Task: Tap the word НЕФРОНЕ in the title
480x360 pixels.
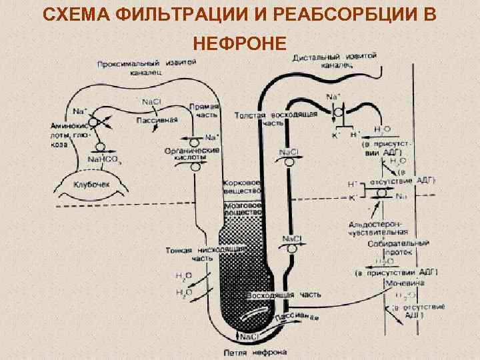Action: (240, 44)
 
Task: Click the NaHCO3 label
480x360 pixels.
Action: (104, 160)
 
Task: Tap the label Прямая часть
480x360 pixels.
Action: (203, 111)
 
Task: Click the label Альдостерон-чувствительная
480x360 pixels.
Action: (378, 229)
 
